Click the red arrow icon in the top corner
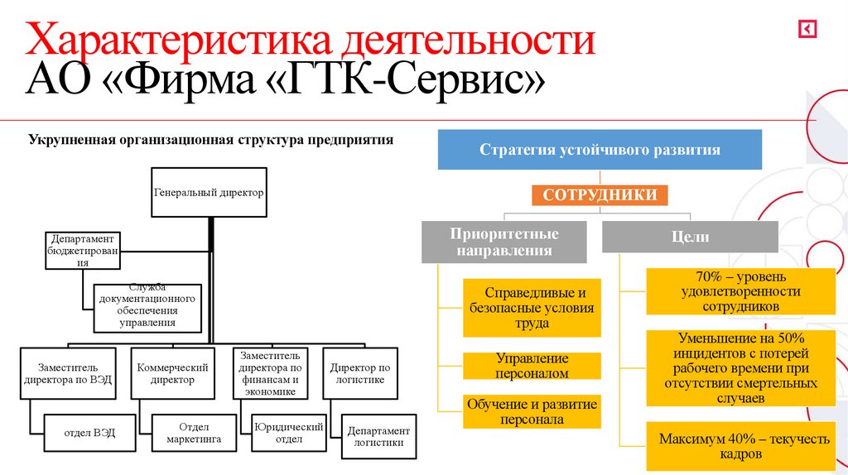pos(807,29)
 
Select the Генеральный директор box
pos(209,193)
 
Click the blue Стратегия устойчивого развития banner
pos(600,150)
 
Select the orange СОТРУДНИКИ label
pos(599,195)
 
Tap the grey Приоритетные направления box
pos(503,242)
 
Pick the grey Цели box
pos(689,237)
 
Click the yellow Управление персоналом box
pos(532,366)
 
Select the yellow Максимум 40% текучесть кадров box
pos(744,446)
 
